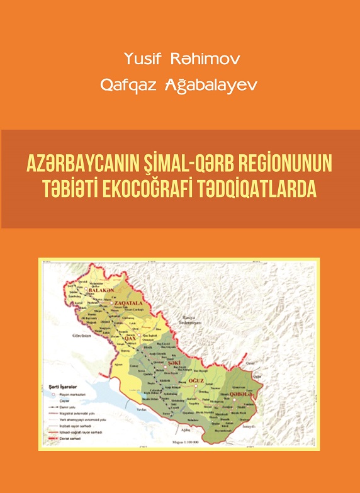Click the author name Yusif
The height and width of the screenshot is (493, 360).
[143, 60]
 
